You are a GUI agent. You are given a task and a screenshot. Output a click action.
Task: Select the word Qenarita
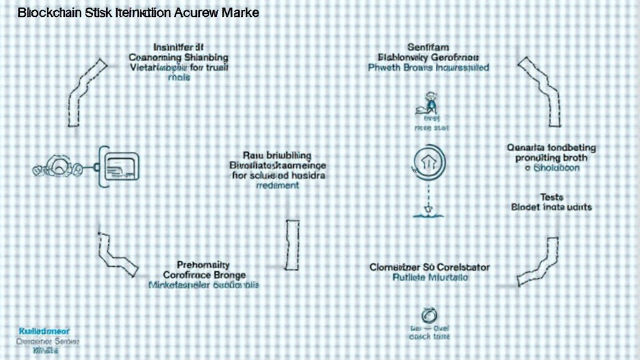(x=529, y=148)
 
